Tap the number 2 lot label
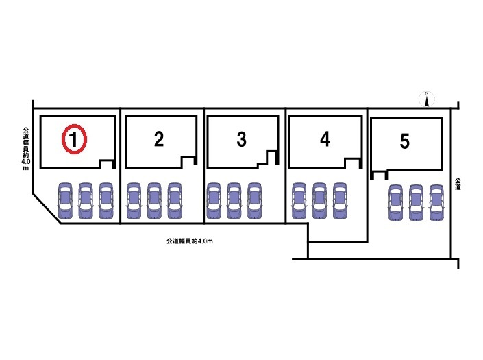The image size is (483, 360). pos(158,139)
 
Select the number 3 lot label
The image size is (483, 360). pos(241,139)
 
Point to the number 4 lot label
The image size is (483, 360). pos(325,139)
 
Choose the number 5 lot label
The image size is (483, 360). pos(404,141)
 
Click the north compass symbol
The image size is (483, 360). pos(426,100)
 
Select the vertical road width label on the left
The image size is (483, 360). pos(25,148)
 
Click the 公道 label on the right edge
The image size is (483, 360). pos(458,184)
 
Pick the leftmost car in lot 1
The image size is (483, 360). pos(64,200)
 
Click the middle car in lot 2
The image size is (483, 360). pos(155,200)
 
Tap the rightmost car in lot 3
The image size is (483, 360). pos(254,200)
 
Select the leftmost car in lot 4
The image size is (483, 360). pos(299,200)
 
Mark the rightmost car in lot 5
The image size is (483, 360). pos(436,203)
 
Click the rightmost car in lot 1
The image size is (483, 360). pos(106,200)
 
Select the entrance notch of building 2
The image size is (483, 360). pos(188,160)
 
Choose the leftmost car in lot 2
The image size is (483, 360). pos(134,200)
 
